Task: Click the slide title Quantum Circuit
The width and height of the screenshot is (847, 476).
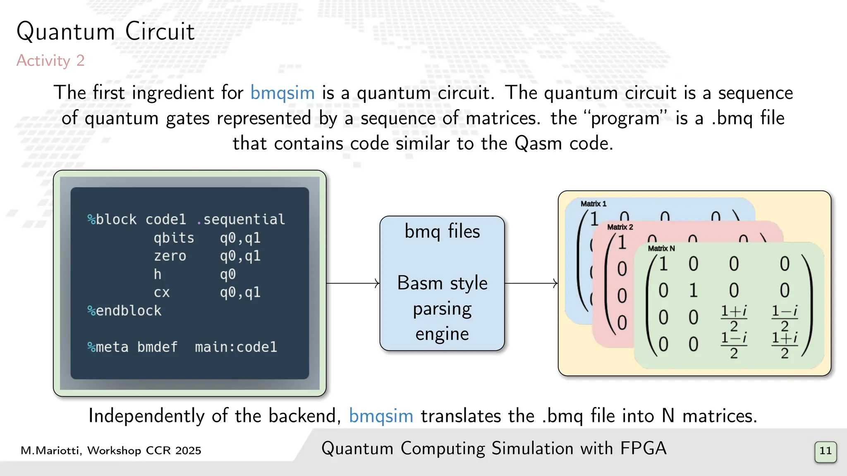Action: pos(105,32)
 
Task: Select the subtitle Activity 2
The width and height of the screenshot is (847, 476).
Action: pos(50,61)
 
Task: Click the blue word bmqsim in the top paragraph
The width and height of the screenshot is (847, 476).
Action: pos(282,93)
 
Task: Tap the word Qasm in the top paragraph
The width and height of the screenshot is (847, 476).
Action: pos(538,143)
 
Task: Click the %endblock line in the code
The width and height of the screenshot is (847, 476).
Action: pos(124,310)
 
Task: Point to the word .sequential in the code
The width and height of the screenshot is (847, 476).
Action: pos(242,219)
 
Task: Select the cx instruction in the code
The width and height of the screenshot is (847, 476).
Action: pos(162,292)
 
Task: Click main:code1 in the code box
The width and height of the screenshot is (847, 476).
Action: pos(236,347)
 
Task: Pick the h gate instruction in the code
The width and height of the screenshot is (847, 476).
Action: pos(158,274)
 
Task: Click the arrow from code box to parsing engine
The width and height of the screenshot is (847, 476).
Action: pos(353,283)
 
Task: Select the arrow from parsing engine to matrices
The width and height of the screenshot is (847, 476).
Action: pos(531,283)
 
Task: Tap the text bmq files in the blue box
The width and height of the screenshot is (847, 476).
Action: pos(442,231)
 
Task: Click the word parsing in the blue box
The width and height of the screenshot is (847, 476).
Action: pos(442,309)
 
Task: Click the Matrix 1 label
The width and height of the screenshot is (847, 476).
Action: pos(593,204)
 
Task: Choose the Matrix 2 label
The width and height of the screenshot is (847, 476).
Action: pos(620,227)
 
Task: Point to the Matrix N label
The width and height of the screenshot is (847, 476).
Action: pos(661,248)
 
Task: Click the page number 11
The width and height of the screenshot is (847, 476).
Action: pos(825,451)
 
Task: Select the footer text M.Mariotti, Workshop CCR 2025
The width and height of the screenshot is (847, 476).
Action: pos(111,450)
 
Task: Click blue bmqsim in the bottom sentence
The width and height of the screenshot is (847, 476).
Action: pos(381,416)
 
